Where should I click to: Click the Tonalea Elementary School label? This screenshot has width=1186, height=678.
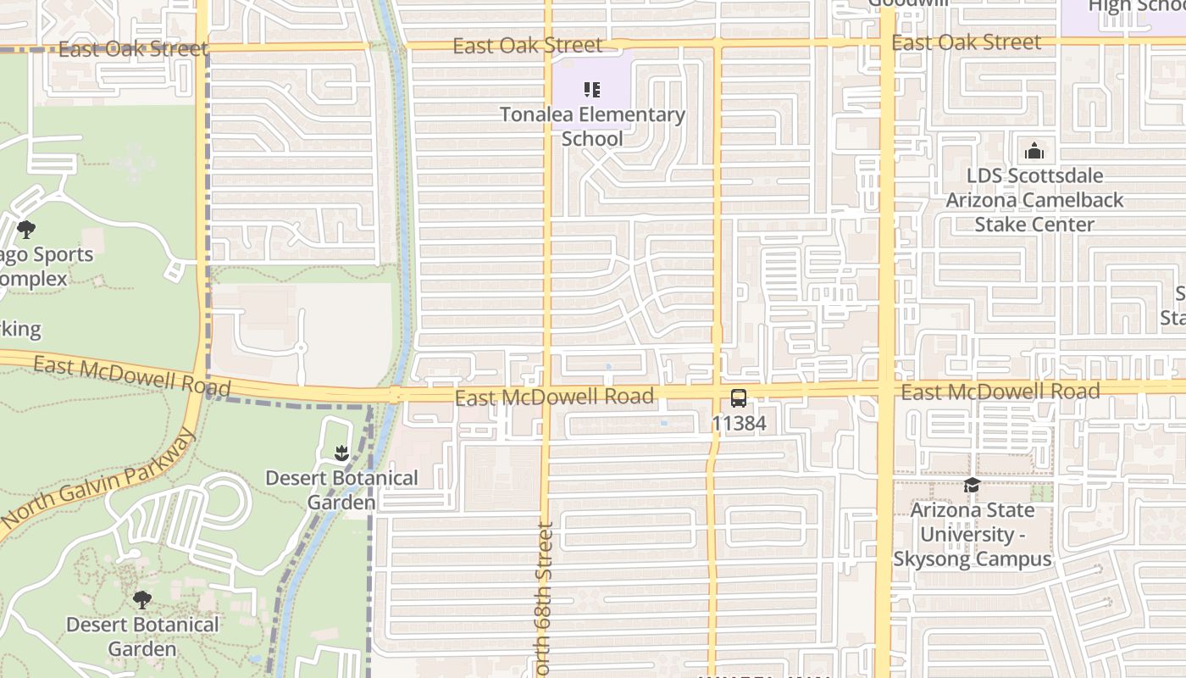(592, 126)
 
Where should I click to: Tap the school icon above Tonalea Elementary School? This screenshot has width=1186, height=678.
(592, 90)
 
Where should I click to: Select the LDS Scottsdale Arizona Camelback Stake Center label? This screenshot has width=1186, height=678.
(1034, 200)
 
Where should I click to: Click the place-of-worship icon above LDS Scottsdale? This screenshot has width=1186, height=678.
(1034, 152)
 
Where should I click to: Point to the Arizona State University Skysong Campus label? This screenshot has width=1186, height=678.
(973, 535)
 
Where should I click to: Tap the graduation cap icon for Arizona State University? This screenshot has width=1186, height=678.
(972, 486)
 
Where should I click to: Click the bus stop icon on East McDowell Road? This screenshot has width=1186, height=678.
(739, 397)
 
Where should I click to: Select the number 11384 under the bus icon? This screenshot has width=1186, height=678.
(739, 423)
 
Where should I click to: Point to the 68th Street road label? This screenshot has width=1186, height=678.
(546, 598)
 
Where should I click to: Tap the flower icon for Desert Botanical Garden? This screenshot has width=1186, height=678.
(341, 453)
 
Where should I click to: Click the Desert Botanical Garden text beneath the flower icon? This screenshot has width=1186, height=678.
(341, 490)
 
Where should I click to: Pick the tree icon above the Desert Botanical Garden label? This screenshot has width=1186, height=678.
(142, 600)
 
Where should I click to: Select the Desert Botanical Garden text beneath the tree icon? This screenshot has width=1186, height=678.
(142, 636)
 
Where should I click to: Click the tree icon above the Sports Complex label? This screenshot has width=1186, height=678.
(26, 229)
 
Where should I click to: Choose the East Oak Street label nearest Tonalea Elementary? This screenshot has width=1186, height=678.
(528, 45)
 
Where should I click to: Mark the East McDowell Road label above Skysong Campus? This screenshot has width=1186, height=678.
(1000, 391)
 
